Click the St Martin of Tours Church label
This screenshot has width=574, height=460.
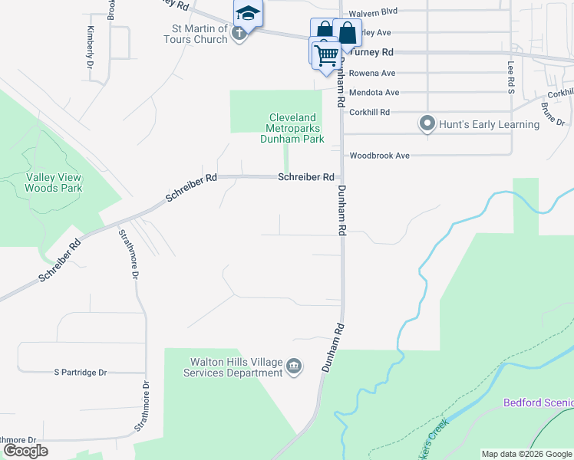click(x=200, y=34)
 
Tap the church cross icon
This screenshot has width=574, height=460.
click(x=239, y=33)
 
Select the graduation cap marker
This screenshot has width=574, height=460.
click(x=248, y=13)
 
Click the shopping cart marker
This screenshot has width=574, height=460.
click(x=326, y=54)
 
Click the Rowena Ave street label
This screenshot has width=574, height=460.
click(x=372, y=73)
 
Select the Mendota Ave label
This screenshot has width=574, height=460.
click(x=374, y=92)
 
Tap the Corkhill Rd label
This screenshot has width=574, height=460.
click(x=370, y=112)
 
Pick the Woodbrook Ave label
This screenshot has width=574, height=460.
click(x=380, y=156)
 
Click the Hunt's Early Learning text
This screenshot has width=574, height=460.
click(x=490, y=124)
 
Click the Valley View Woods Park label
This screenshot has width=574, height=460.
click(x=54, y=182)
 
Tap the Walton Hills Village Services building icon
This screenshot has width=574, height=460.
click(x=294, y=368)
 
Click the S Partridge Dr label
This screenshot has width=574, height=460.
click(x=80, y=373)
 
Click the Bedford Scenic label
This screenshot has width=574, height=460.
click(x=538, y=402)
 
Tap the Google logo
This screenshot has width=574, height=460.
click(x=25, y=451)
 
